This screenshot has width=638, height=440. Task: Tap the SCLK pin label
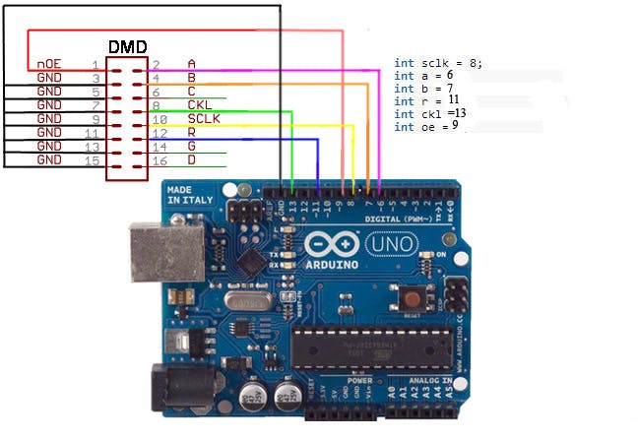click(204, 118)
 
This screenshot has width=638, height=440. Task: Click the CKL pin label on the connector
click(200, 104)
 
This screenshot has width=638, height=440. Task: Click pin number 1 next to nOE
click(96, 63)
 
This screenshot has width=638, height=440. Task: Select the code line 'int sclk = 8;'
click(438, 63)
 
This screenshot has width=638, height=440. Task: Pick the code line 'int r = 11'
click(426, 100)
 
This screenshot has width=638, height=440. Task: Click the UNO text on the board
click(390, 243)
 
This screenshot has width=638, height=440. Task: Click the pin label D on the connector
click(191, 159)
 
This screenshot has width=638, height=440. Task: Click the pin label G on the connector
click(191, 146)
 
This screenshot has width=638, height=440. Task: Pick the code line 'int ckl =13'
click(430, 113)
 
